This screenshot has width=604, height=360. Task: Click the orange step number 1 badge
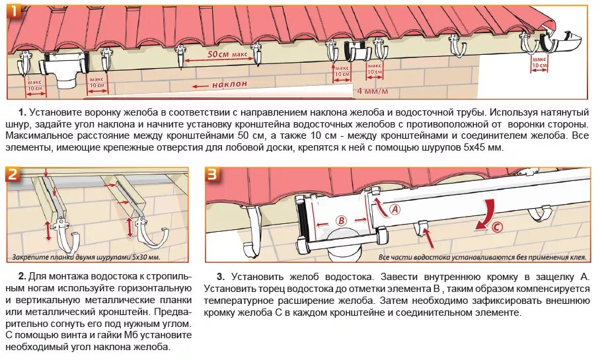(14, 11)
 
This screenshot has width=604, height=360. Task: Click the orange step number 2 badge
(14, 175)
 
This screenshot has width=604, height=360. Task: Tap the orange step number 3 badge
(212, 175)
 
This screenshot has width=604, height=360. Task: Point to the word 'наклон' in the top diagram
(229, 85)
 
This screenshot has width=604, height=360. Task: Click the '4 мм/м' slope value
(373, 90)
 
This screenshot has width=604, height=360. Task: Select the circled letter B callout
(341, 220)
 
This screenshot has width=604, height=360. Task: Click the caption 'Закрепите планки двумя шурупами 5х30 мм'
(86, 257)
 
